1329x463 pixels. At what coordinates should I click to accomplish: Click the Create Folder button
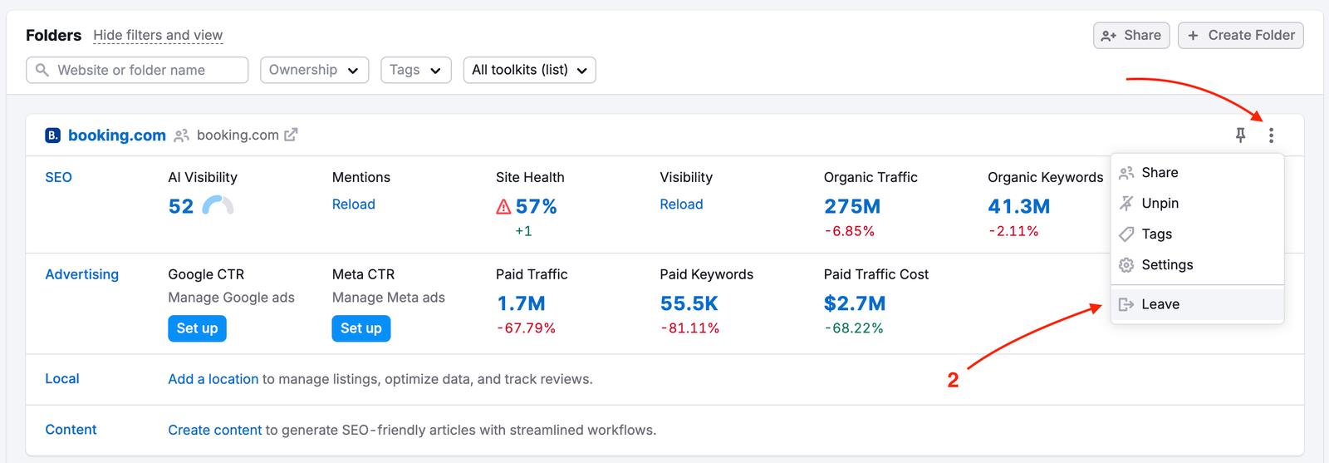tap(1240, 35)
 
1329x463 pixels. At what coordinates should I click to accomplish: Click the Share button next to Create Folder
tap(1131, 35)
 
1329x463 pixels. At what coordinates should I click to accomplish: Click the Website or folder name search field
tap(137, 70)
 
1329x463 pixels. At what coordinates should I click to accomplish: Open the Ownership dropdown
tap(314, 70)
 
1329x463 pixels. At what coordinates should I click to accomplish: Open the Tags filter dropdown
tap(415, 70)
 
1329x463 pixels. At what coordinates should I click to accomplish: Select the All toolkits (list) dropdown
tap(529, 70)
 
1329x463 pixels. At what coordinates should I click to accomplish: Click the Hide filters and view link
tap(158, 35)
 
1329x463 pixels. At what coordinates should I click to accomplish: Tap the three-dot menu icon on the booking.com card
tap(1271, 135)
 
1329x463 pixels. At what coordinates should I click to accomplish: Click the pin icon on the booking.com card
tap(1240, 135)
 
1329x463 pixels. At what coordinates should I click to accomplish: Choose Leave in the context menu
tap(1160, 304)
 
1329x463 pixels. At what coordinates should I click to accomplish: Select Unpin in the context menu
tap(1160, 203)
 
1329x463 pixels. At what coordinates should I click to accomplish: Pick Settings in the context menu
tap(1167, 264)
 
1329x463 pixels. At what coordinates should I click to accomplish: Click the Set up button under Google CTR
tap(197, 328)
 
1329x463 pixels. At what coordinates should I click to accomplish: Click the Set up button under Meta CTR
tap(361, 328)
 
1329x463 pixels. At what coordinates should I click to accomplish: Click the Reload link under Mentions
tap(354, 204)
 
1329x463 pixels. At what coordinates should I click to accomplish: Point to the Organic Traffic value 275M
tap(852, 206)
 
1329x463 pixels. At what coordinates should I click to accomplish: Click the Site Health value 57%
tap(536, 206)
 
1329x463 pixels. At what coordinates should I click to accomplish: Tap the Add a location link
tap(213, 379)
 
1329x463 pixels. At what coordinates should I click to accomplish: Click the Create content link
tap(215, 430)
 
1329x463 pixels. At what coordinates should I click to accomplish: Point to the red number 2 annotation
tap(953, 380)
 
